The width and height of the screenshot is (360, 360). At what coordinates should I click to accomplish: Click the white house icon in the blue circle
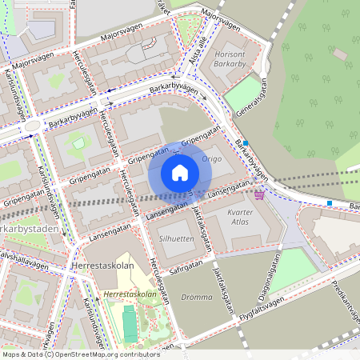point(180,172)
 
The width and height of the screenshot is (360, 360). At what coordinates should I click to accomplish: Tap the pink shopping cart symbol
point(259,194)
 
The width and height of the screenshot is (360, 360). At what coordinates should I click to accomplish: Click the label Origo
point(212,159)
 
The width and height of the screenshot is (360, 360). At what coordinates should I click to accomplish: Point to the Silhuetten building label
point(176,239)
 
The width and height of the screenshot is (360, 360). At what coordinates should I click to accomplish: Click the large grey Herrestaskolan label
point(102,268)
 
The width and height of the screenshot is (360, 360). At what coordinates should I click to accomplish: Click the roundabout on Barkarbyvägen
point(33,126)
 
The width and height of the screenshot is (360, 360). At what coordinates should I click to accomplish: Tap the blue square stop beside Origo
point(246,141)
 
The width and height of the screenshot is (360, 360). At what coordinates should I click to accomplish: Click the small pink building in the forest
point(339,54)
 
